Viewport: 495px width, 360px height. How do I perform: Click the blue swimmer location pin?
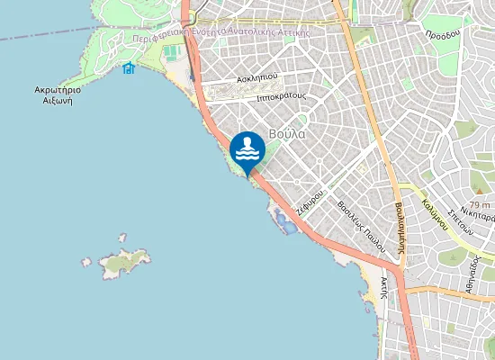tap(247, 151)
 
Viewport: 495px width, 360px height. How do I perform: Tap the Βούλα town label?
tap(287, 134)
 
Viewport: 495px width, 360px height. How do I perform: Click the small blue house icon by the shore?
tap(129, 68)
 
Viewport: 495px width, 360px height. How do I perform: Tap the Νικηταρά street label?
tap(478, 214)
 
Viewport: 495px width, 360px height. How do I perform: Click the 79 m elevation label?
tap(479, 205)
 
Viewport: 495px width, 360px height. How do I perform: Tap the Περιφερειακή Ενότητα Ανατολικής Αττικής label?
tap(220, 31)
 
